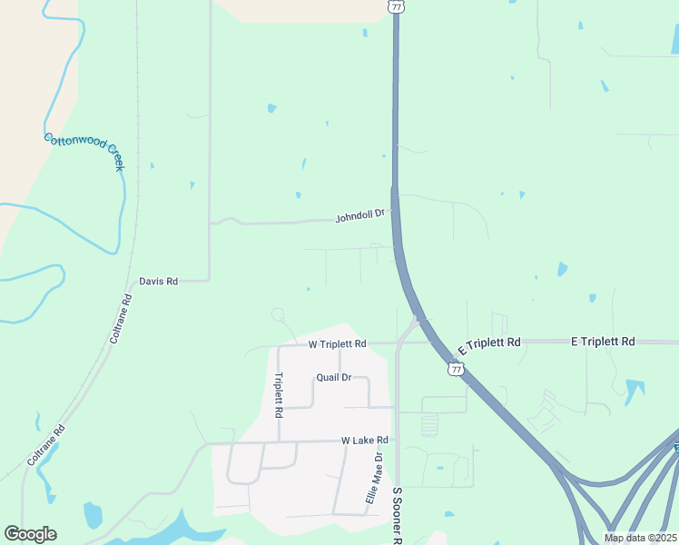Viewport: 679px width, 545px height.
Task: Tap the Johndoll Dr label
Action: coord(360,216)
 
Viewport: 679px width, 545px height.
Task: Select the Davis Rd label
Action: coord(159,282)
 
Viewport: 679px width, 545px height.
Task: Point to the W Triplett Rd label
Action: coord(337,344)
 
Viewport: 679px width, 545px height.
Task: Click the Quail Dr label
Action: coord(333,377)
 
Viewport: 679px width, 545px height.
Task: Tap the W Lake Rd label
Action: coord(365,441)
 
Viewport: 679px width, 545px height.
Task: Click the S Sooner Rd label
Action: coord(397,515)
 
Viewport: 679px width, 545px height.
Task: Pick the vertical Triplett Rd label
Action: coord(279,395)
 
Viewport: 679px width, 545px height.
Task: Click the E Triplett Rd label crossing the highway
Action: coord(489,345)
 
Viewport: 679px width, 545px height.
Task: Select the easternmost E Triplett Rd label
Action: coord(603,342)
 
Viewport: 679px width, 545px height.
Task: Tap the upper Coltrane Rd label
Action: coord(121,319)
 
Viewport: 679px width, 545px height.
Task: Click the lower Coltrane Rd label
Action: coord(46,445)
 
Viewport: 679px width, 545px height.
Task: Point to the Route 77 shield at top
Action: coord(396,6)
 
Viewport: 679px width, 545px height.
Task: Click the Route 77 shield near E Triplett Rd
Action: coord(456,369)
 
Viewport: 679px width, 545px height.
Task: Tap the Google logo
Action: coord(30,534)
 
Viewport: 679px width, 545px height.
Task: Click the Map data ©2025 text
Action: coord(641,538)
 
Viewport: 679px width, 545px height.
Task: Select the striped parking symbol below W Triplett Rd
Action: coord(430,424)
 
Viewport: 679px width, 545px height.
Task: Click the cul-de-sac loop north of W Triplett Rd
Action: coord(278,315)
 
